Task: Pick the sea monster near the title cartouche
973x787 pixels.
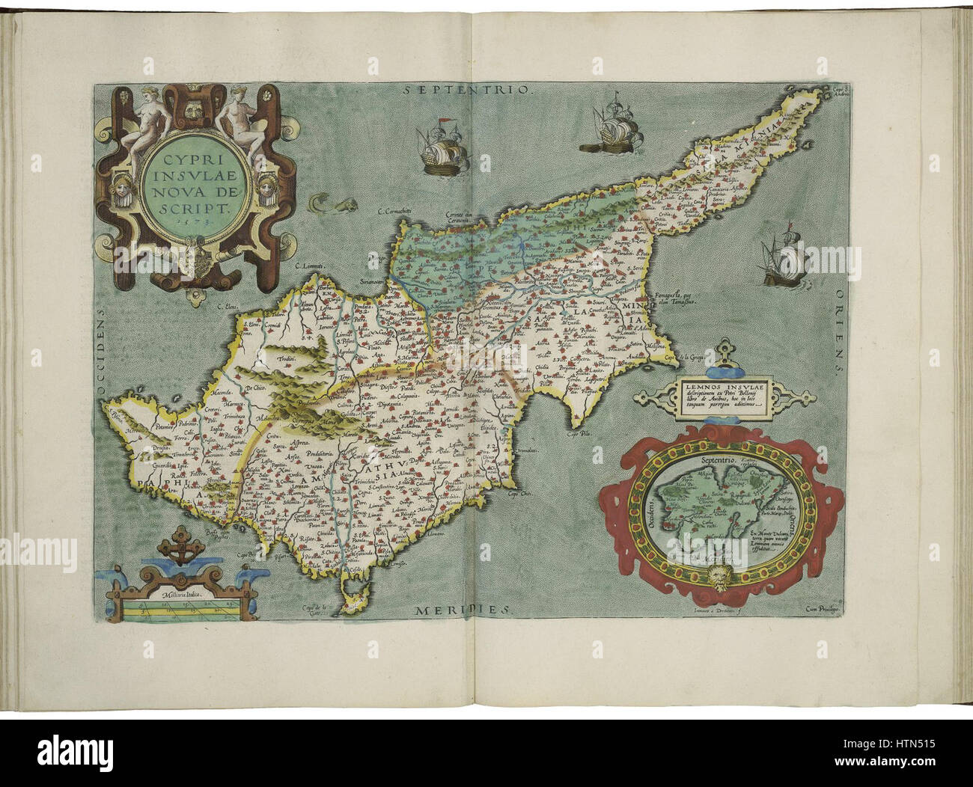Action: (x=321, y=202)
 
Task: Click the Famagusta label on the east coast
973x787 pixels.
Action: (x=669, y=298)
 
